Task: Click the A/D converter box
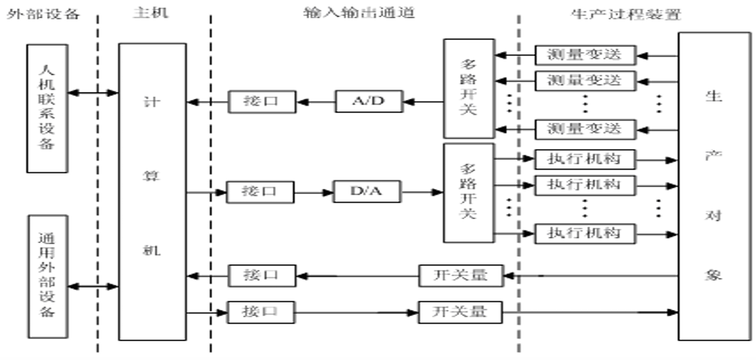[369, 101]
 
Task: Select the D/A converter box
[367, 192]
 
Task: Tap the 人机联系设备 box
[47, 108]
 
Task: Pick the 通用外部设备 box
[47, 275]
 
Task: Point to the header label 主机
[151, 13]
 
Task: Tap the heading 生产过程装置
[626, 13]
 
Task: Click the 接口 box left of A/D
[261, 101]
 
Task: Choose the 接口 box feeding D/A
[260, 192]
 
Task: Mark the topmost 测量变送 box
[585, 55]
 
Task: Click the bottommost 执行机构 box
[585, 233]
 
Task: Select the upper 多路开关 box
[469, 88]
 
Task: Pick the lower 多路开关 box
[468, 192]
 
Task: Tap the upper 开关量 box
[461, 275]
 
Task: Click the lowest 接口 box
[260, 311]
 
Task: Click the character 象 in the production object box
[714, 274]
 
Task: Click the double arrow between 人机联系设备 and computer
[93, 93]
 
